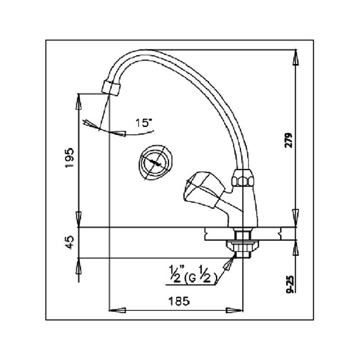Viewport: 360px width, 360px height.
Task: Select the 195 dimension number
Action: click(x=70, y=158)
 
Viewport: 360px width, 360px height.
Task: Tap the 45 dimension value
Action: click(x=70, y=242)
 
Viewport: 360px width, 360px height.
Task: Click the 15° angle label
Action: click(x=144, y=123)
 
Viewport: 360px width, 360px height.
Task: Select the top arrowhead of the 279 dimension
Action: click(x=296, y=56)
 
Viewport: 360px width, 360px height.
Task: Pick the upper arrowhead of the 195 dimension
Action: click(x=78, y=102)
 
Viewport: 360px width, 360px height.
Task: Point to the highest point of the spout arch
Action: click(x=140, y=52)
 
